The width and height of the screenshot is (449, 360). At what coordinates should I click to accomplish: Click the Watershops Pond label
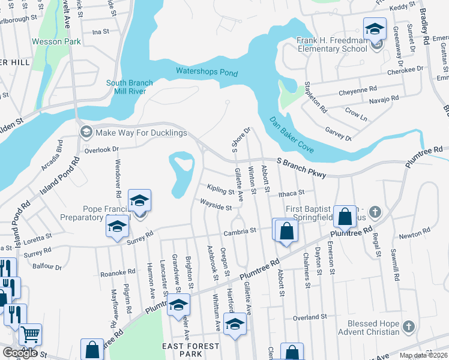(206, 73)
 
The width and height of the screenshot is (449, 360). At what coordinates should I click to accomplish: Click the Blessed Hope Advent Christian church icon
(408, 327)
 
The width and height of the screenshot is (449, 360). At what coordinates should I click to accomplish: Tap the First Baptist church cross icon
(375, 211)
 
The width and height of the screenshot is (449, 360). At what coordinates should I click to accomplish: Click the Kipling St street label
(220, 191)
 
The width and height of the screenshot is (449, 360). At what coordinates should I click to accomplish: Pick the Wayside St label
(216, 207)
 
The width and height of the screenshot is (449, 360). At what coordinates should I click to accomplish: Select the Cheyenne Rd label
(357, 90)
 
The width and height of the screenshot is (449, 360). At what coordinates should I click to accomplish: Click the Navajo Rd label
(384, 99)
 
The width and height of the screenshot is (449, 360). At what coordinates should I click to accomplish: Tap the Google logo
(20, 353)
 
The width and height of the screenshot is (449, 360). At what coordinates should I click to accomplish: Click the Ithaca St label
(291, 193)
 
